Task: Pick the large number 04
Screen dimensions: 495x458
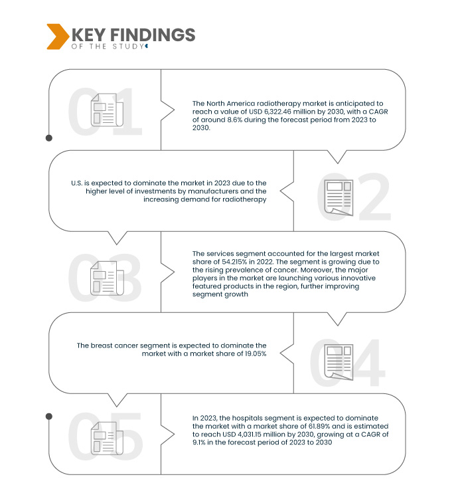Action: point(348,362)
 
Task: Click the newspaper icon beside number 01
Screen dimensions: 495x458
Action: point(104,110)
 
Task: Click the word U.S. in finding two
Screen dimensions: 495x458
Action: point(76,183)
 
